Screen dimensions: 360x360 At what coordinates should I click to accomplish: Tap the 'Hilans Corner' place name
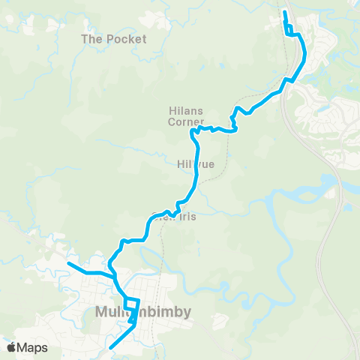(x=181, y=115)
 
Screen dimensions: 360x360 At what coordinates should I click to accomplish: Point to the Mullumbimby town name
(x=143, y=311)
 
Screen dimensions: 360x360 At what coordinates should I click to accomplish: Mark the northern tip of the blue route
(x=284, y=12)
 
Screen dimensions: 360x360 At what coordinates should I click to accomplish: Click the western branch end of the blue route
(x=68, y=263)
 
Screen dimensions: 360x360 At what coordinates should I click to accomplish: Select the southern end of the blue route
(x=111, y=347)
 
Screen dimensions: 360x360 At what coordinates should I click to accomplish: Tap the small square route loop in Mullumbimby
(x=132, y=304)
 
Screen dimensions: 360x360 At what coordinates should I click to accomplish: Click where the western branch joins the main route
(x=114, y=276)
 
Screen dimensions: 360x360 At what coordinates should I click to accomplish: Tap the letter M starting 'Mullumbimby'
(x=103, y=311)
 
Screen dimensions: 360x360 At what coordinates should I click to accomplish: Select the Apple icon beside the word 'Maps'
(x=10, y=346)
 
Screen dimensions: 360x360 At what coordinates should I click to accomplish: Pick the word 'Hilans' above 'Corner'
(x=181, y=110)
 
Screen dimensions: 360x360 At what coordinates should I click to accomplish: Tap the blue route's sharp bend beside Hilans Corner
(x=193, y=132)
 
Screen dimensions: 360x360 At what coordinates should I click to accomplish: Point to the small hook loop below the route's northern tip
(x=289, y=31)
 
